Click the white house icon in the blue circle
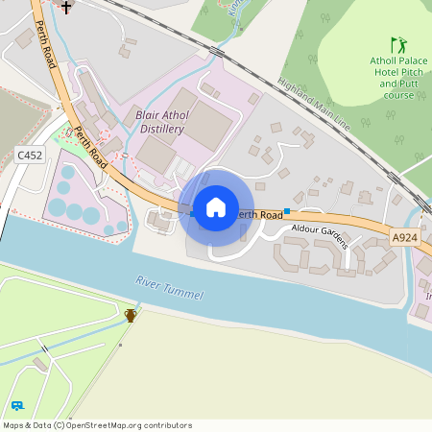pos(215,207)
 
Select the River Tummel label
pos(170,290)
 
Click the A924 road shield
pos(405,236)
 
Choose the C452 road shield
pos(30,154)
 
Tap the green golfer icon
pos(397,45)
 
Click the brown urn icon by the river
pos(131,314)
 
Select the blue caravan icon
pos(17,406)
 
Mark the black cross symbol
pos(66,8)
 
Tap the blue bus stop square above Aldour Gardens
pos(286,211)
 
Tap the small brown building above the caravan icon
pos(39,364)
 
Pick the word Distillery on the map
pos(160,129)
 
